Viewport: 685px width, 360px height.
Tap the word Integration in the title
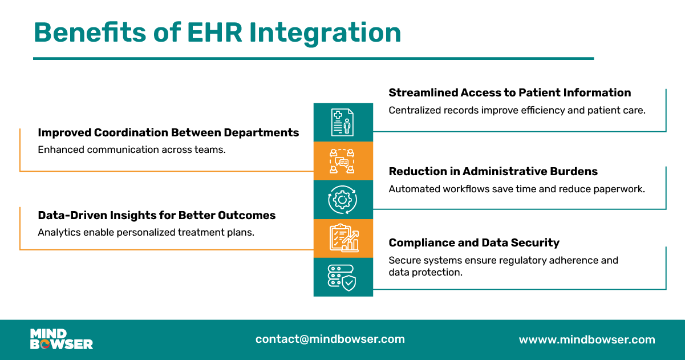[x=326, y=33]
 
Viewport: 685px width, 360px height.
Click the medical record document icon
[x=343, y=122]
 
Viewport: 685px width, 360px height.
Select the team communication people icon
[x=343, y=161]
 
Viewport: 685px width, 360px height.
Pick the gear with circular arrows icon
[x=343, y=200]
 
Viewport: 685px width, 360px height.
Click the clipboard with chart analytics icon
[x=343, y=238]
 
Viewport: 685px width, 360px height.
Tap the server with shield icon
[x=343, y=277]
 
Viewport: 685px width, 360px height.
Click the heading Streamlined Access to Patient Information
[x=509, y=92]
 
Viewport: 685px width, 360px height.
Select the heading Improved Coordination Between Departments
[x=168, y=132]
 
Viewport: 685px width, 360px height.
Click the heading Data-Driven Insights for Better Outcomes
[x=156, y=215]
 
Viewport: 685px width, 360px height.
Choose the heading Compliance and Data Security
[x=474, y=242]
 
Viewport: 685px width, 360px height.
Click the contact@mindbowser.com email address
[x=330, y=339]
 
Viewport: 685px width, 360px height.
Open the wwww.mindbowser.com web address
[x=586, y=339]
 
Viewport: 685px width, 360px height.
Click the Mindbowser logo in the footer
[x=61, y=339]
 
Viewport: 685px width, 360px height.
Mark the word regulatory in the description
[x=524, y=260]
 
